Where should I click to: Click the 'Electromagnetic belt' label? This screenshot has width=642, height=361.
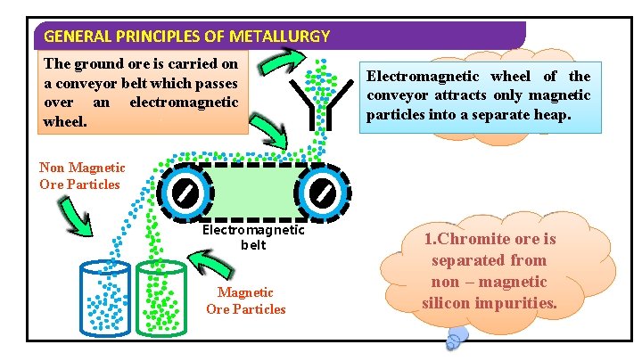[x=253, y=236]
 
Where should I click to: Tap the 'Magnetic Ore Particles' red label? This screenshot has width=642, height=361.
[x=246, y=300]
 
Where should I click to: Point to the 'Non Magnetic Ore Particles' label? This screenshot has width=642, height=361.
[x=82, y=176]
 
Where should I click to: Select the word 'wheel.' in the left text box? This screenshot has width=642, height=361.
[x=65, y=119]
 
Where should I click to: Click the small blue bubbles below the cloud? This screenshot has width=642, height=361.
[x=457, y=336]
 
